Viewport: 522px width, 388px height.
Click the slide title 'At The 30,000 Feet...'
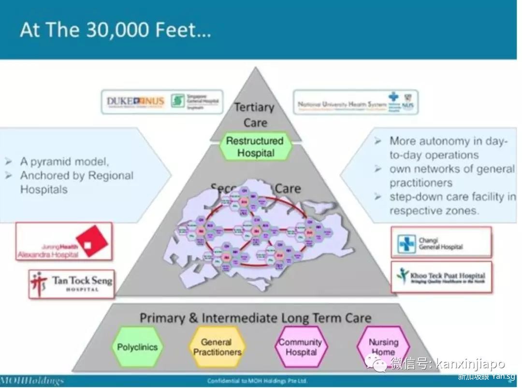pos(115,30)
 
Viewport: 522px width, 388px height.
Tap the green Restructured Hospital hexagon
pos(255,147)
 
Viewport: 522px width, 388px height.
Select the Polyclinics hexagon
pos(137,347)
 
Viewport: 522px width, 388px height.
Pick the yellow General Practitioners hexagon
pos(217,347)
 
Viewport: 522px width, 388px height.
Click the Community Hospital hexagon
pos(300,347)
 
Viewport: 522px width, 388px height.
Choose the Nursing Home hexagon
pos(383,346)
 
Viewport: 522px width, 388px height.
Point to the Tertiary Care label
pos(254,115)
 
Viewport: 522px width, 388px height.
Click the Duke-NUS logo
pos(136,102)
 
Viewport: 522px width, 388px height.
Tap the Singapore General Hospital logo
pos(196,102)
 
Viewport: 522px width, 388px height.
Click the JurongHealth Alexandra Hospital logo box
pos(64,241)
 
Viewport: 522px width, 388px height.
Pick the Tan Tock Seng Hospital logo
pos(72,284)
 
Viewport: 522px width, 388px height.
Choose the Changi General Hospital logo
pos(441,242)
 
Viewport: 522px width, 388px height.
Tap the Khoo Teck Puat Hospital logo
pos(441,277)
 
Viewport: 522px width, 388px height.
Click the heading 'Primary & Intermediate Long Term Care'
pos(255,318)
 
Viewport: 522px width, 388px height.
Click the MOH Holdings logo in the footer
pos(32,380)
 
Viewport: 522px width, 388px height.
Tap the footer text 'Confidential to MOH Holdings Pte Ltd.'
pos(257,381)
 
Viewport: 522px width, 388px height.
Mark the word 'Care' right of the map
pos(288,189)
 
